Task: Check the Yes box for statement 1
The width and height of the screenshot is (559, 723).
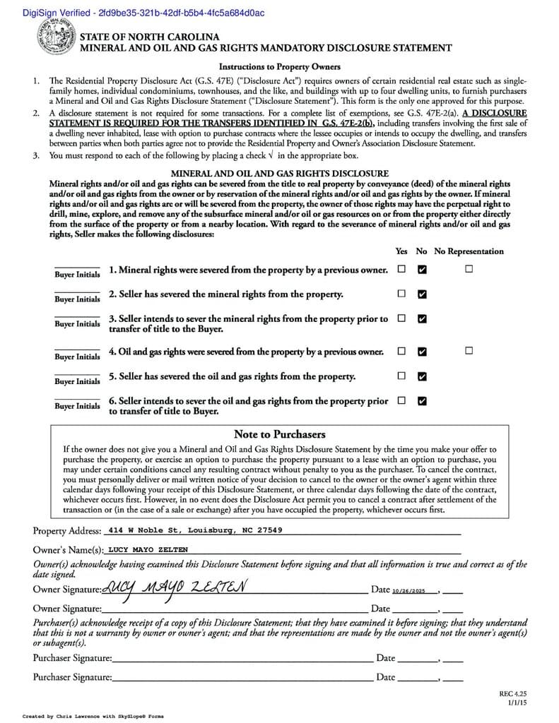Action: coord(401,269)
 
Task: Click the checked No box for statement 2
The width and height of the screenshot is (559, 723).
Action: coord(422,294)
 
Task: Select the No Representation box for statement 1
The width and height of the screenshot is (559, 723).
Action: coord(469,269)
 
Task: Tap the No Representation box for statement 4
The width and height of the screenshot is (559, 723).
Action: coord(469,351)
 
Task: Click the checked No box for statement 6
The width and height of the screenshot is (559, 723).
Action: coord(422,401)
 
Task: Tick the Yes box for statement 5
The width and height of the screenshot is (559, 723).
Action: coord(401,376)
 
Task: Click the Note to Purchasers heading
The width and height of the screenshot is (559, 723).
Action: coord(279,434)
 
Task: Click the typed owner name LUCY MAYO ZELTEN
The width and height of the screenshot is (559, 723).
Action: coord(148,549)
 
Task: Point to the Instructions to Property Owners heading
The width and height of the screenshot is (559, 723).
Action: coord(279,67)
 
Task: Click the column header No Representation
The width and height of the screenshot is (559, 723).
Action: coord(469,251)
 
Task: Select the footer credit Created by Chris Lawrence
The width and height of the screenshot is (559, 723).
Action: coord(93,716)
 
